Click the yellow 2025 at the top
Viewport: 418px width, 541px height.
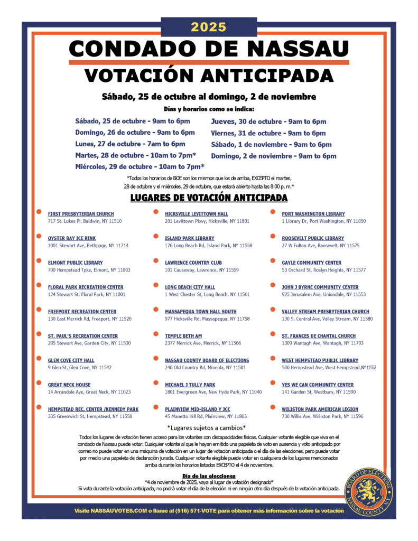point(209,27)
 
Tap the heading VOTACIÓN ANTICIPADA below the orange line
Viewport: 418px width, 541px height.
point(209,74)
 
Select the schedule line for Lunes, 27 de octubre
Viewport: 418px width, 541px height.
point(130,144)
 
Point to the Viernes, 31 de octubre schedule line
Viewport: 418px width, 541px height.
point(268,133)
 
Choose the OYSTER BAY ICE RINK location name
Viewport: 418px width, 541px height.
point(72,238)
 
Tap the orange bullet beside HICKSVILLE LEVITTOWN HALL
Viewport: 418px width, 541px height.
point(155,212)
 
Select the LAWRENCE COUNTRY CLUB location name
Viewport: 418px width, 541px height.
point(193,263)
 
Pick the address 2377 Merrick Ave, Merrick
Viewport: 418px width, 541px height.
point(202,343)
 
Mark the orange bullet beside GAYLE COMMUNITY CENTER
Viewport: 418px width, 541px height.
point(273,261)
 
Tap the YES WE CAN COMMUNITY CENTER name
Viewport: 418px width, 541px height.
point(318,385)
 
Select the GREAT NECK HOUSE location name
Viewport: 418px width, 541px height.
point(69,385)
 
